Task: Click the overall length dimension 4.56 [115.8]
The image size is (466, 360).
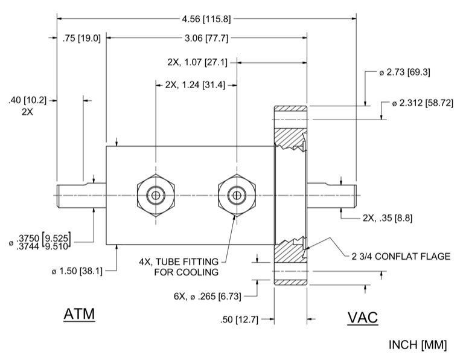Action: click(x=206, y=19)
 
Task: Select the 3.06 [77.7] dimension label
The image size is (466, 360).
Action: click(x=206, y=38)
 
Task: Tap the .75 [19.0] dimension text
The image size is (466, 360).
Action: click(x=81, y=38)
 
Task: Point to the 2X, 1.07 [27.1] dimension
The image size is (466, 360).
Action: click(x=197, y=62)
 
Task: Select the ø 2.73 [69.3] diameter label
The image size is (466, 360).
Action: click(x=404, y=72)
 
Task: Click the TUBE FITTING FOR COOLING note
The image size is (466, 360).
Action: click(x=182, y=266)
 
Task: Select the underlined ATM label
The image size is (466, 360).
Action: click(x=80, y=315)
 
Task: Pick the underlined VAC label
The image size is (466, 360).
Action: click(x=362, y=318)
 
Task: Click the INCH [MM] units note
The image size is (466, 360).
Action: click(x=418, y=345)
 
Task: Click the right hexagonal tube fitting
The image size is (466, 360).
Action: click(x=236, y=194)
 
